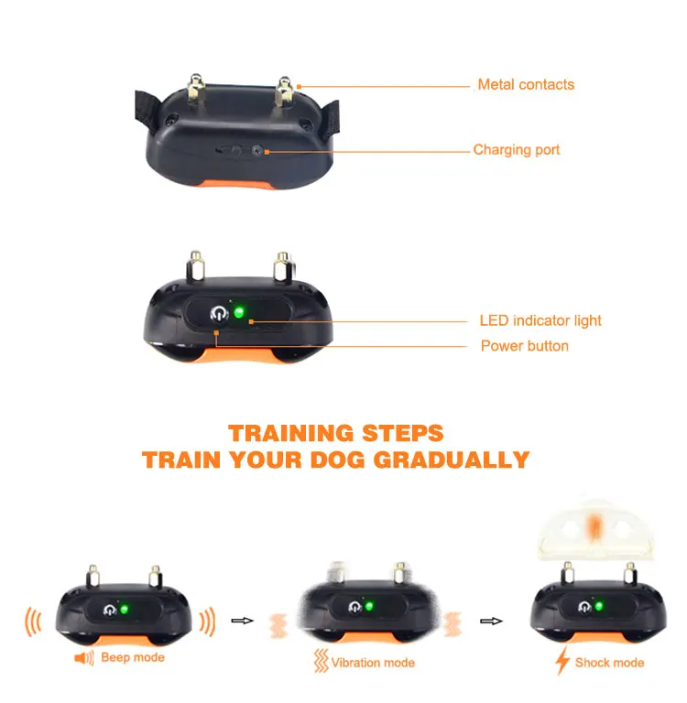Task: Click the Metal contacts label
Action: coord(526,85)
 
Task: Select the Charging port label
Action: coord(516,150)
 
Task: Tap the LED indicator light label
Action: coord(540,321)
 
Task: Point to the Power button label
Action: coord(524,346)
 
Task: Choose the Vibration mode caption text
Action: coord(373,663)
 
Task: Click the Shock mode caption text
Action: coord(609,663)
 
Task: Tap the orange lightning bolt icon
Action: coord(562,662)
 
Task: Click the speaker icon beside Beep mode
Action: coord(85,658)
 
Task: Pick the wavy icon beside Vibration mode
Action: coord(321,662)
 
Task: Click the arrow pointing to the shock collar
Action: coord(492,621)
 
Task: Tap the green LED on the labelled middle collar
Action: coord(239,313)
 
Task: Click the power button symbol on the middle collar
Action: coord(218,314)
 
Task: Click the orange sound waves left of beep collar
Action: coord(32,622)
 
